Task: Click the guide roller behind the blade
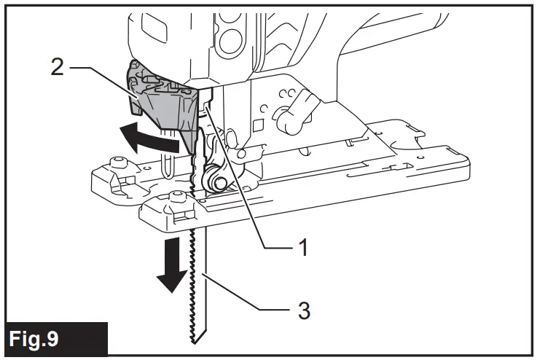212,177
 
